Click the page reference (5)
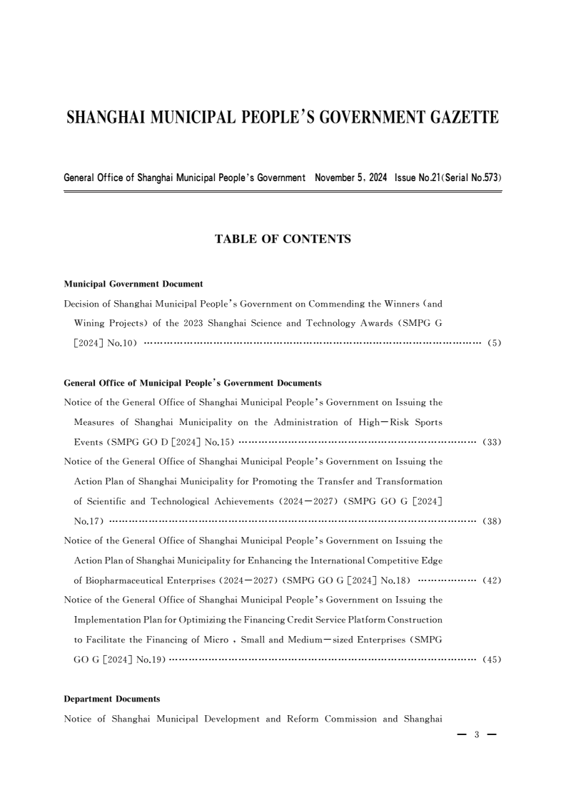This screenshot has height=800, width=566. point(494,343)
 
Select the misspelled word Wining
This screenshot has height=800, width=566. point(91,323)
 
